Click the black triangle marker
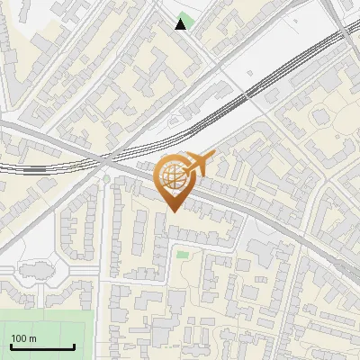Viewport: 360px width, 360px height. (x=181, y=24)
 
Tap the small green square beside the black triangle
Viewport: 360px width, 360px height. (x=186, y=19)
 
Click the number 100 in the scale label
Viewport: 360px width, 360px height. (x=19, y=338)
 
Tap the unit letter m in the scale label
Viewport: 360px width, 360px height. (x=32, y=338)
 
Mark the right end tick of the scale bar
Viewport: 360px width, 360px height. (x=73, y=346)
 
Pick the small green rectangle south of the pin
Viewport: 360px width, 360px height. (x=183, y=255)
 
